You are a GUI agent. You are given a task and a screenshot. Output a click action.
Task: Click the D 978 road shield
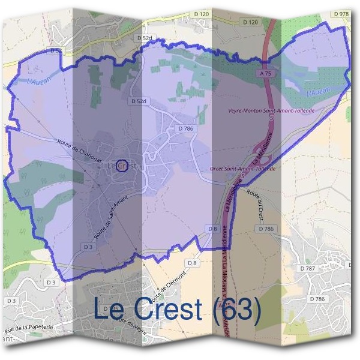(x=340, y=13)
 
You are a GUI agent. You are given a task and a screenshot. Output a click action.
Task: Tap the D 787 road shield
(x=308, y=268)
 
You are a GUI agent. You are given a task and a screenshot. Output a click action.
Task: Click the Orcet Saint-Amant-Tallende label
(x=242, y=169)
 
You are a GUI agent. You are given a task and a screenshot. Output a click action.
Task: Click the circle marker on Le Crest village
(x=121, y=165)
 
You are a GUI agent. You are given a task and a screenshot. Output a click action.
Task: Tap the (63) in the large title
(x=237, y=310)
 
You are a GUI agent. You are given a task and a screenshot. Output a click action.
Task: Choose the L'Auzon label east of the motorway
(x=318, y=92)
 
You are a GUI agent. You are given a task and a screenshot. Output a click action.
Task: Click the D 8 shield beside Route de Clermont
(x=192, y=263)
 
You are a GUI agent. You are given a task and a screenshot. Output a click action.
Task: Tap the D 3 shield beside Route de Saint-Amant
(x=88, y=247)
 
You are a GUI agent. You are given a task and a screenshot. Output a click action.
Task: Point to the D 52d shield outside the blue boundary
(x=145, y=38)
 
